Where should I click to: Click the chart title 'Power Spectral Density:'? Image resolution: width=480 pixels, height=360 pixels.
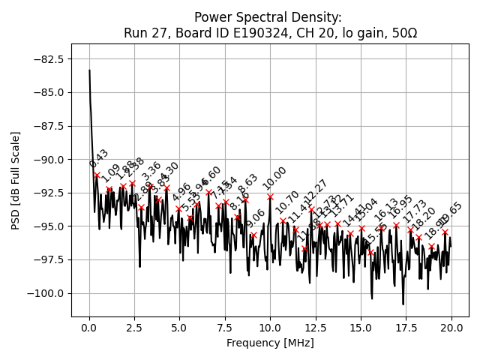click(x=268, y=17)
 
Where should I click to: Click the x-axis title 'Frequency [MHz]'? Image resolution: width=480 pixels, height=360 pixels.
click(x=270, y=343)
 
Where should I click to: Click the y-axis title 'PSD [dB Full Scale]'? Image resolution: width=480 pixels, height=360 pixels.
click(x=16, y=180)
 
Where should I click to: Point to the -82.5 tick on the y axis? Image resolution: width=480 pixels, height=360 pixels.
click(x=47, y=58)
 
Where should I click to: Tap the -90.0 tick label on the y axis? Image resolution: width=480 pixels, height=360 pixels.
click(x=47, y=160)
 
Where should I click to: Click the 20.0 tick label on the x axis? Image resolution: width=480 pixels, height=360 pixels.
click(x=451, y=328)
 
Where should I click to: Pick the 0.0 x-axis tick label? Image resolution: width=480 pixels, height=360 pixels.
click(x=89, y=328)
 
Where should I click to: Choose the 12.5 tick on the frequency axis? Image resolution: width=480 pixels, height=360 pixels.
click(x=316, y=328)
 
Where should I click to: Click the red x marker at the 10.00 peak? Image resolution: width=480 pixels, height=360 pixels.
click(x=270, y=196)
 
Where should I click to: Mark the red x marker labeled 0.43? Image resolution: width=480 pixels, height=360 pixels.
click(x=97, y=175)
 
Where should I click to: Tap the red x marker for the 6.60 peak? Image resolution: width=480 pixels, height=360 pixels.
click(x=208, y=192)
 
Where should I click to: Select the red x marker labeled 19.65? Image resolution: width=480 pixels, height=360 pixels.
click(x=445, y=232)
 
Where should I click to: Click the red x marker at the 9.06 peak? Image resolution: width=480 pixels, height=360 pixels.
click(x=253, y=235)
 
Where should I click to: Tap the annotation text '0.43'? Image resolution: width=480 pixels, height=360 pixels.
click(x=99, y=159)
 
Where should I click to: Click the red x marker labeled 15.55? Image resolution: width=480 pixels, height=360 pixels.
click(x=370, y=253)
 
